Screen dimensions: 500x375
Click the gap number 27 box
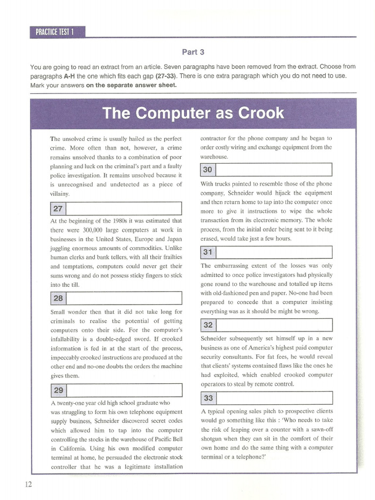[x=58, y=208]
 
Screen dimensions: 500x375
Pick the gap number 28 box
[x=58, y=298]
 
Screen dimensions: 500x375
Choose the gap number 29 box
[x=58, y=390]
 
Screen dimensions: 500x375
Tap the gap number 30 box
[x=208, y=170]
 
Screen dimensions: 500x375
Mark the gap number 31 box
[x=208, y=252]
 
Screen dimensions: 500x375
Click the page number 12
[x=28, y=484]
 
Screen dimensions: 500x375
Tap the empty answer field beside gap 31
[x=273, y=252]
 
